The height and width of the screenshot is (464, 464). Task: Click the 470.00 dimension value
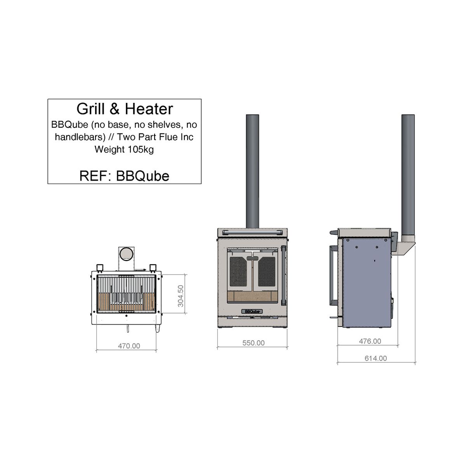coord(129,346)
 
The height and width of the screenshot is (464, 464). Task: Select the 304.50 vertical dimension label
coord(181,296)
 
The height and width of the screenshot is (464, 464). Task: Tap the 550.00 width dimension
coord(253,343)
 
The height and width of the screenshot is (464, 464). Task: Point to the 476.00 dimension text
coord(370,341)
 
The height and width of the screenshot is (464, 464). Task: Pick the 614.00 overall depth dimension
coord(375,358)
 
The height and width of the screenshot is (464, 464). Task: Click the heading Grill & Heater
coord(125,109)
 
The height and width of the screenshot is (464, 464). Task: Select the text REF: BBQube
coord(124,176)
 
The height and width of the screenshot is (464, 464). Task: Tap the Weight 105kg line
coord(124,149)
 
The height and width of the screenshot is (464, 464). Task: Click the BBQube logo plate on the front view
coord(252,311)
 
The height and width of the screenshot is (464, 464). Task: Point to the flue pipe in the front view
coord(252,171)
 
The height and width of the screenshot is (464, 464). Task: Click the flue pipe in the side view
coord(408,175)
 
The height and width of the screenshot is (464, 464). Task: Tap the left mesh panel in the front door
coord(239,272)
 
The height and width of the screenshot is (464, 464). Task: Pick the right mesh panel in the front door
coord(267,272)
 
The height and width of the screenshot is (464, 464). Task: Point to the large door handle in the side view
coord(332,276)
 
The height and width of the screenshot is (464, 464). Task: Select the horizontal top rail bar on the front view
coord(252,233)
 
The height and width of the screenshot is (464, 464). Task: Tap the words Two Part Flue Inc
coord(155,137)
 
